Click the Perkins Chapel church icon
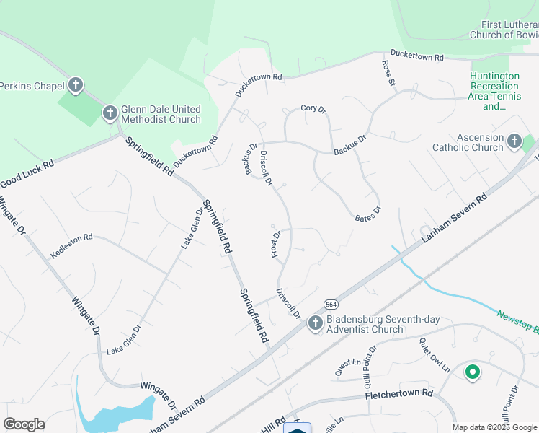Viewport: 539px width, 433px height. (x=76, y=86)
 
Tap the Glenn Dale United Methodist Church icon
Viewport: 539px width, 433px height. (x=110, y=113)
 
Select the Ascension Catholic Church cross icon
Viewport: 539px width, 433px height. (x=514, y=141)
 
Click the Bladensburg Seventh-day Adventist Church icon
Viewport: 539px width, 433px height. (x=315, y=323)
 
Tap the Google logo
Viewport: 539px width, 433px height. (x=24, y=424)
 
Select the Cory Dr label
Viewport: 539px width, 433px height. (x=313, y=109)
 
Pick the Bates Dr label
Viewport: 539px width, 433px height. (x=367, y=214)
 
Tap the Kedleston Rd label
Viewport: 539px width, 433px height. (x=72, y=246)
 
